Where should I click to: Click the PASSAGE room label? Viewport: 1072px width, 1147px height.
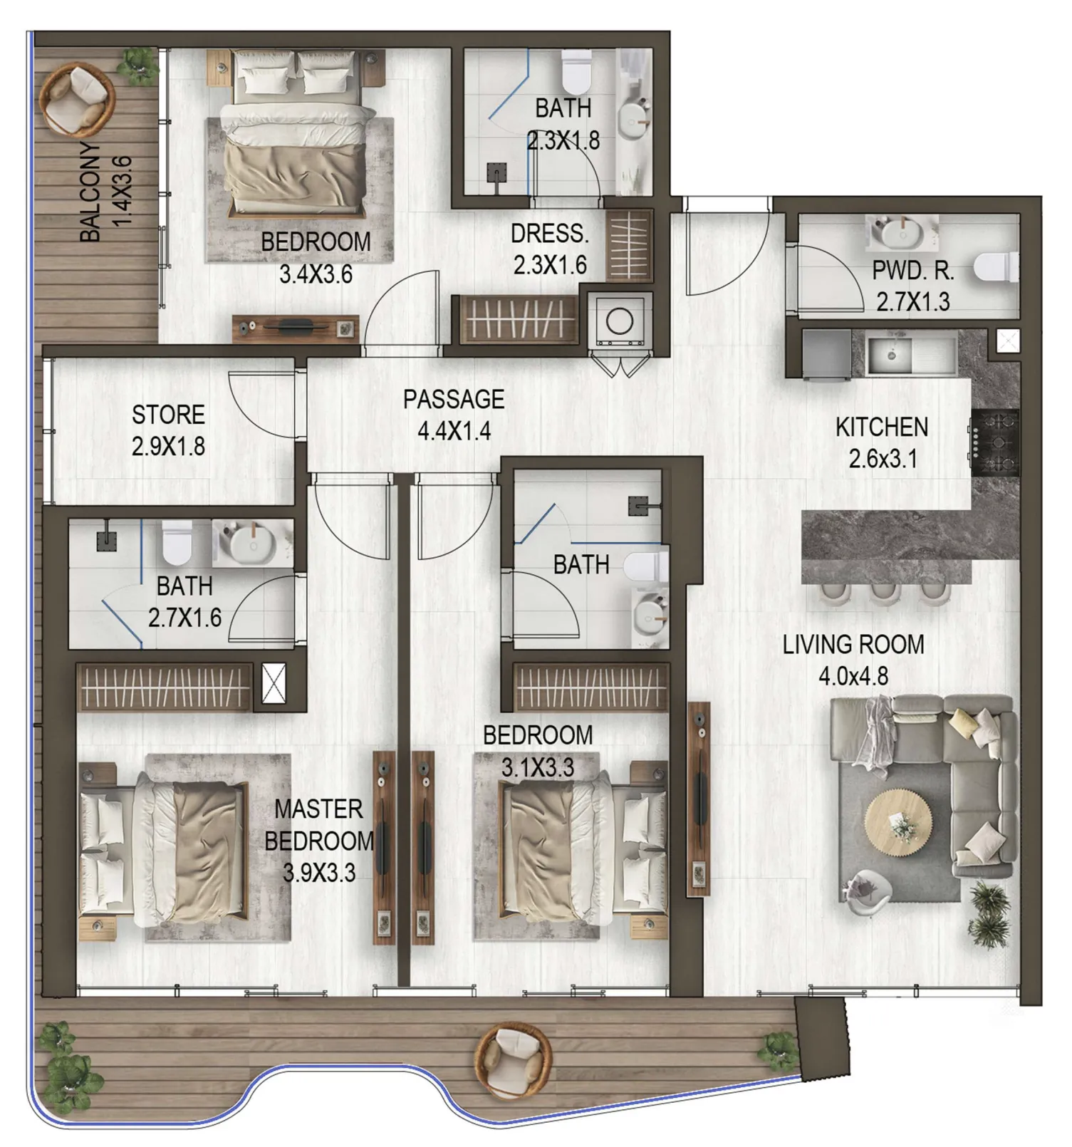coord(454,399)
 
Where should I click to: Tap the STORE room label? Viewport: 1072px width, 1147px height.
coord(168,415)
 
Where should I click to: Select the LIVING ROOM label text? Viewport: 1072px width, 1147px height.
coord(853,644)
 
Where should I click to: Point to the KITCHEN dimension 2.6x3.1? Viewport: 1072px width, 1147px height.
coord(882,459)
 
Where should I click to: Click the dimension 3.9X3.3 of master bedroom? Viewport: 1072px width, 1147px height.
coord(319,872)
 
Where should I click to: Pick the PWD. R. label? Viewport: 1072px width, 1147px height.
coord(912,271)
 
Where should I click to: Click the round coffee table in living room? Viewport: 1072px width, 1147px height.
coord(898,826)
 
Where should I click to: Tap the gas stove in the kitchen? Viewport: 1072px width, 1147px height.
coord(994,443)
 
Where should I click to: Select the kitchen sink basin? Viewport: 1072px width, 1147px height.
coord(889,355)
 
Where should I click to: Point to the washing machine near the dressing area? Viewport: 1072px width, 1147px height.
coord(620,321)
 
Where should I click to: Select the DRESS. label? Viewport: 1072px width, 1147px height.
coord(550,234)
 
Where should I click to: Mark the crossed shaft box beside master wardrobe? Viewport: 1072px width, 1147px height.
coord(274,684)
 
